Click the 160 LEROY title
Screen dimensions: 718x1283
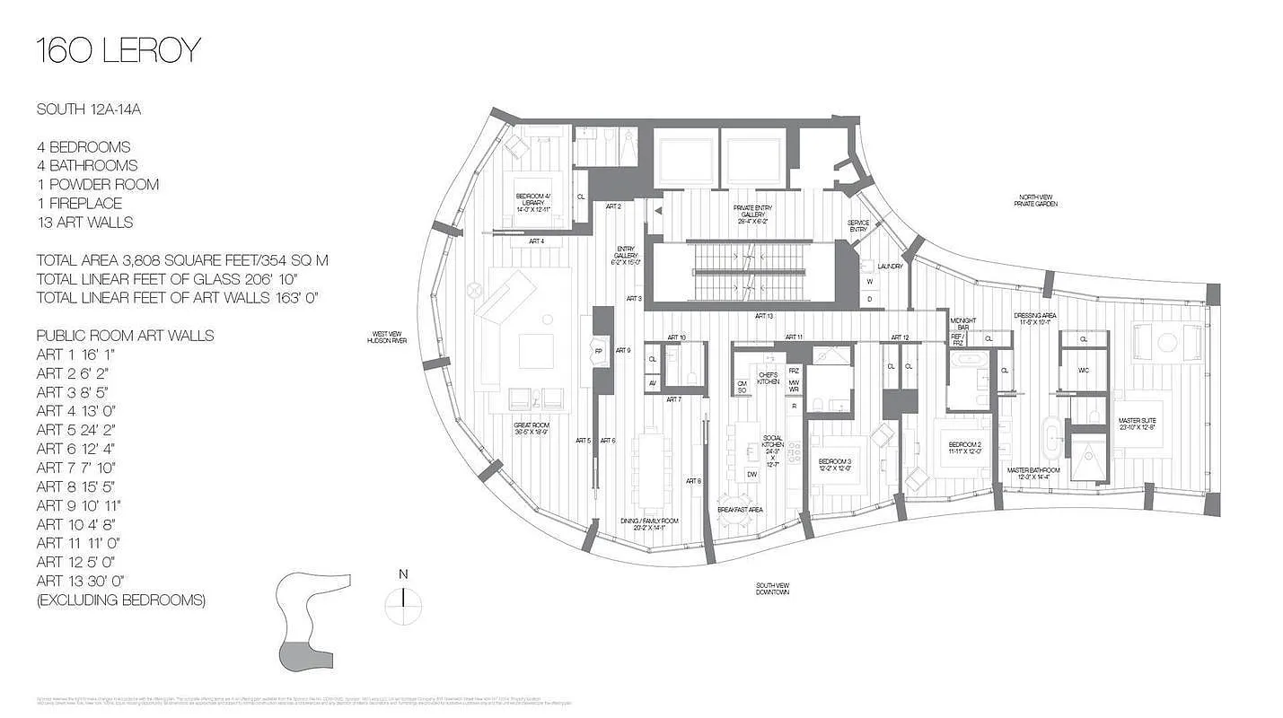(118, 51)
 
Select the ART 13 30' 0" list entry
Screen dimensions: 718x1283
(79, 581)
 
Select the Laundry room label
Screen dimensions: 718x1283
(890, 266)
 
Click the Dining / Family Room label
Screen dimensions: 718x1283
(649, 521)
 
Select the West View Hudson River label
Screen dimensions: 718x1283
(389, 337)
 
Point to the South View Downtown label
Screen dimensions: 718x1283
(772, 589)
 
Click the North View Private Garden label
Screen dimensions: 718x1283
(1038, 200)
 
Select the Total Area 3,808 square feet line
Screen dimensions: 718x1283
(182, 260)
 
